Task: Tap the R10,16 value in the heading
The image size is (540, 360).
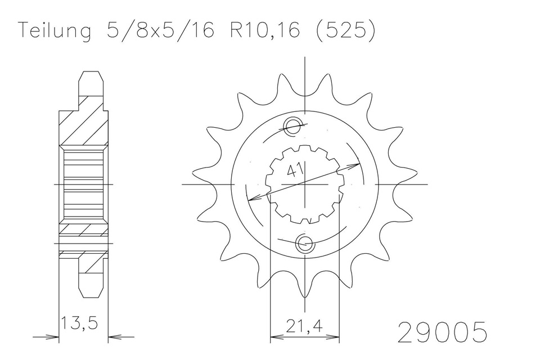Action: [264, 30]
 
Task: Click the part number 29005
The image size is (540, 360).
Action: [443, 332]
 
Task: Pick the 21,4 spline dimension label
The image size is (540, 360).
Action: [304, 326]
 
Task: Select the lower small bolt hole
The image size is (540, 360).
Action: [304, 244]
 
